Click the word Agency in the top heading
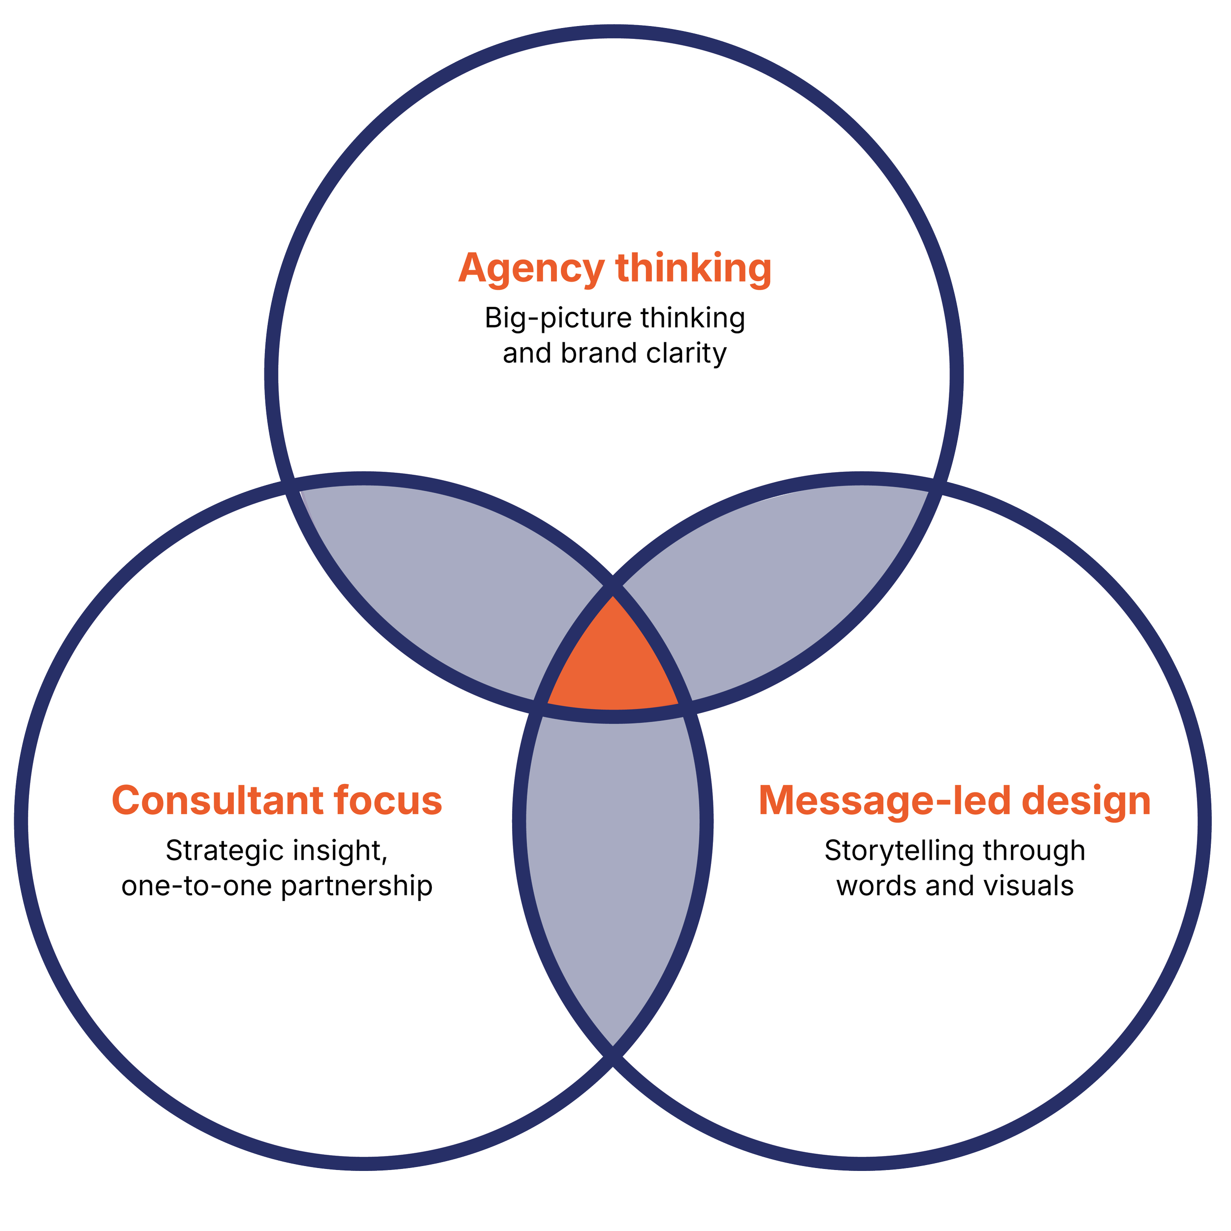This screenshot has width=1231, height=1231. [531, 269]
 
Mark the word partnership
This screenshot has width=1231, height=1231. [357, 886]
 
